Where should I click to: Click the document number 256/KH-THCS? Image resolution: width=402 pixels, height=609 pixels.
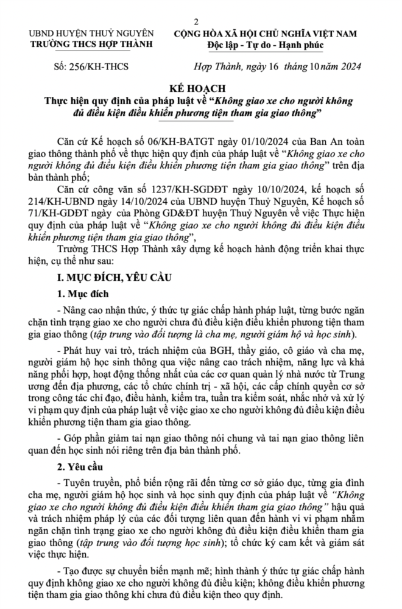click(90, 66)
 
